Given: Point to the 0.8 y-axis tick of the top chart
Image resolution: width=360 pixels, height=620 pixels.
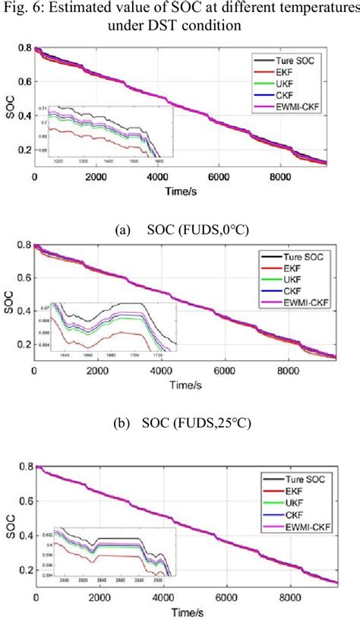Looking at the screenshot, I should click(x=23, y=49).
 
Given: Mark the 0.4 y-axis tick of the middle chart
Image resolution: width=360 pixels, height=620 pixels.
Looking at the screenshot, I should click(x=23, y=311).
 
